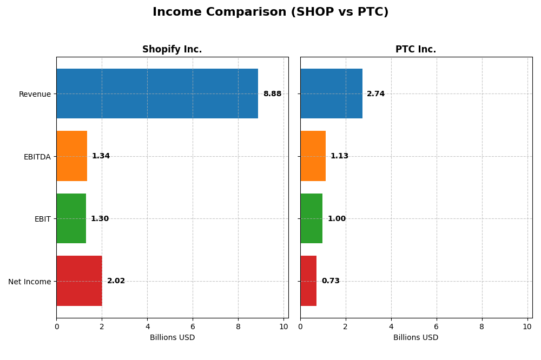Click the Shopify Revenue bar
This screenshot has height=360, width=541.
click(157, 94)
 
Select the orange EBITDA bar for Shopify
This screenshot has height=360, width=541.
click(71, 156)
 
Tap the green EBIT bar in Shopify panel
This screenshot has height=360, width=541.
click(71, 218)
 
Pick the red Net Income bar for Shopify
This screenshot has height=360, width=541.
click(79, 281)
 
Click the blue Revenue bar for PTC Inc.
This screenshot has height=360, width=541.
click(331, 94)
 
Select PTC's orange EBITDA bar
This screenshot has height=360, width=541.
click(313, 156)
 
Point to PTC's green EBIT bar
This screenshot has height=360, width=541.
click(312, 218)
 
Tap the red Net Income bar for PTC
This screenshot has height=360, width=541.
click(308, 281)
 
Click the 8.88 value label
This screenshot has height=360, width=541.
click(272, 94)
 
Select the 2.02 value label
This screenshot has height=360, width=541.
click(116, 281)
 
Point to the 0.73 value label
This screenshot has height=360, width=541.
click(331, 281)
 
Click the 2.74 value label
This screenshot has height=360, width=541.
click(375, 94)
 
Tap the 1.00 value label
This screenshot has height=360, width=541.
click(337, 219)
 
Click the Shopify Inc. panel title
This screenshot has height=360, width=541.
click(172, 50)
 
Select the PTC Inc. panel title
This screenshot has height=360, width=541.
click(415, 50)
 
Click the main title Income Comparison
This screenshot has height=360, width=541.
click(270, 12)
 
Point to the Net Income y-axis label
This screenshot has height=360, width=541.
click(30, 282)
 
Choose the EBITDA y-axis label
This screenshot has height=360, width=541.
click(37, 157)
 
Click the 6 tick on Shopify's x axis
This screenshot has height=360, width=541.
click(193, 326)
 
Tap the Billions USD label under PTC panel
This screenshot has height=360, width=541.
click(415, 338)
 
